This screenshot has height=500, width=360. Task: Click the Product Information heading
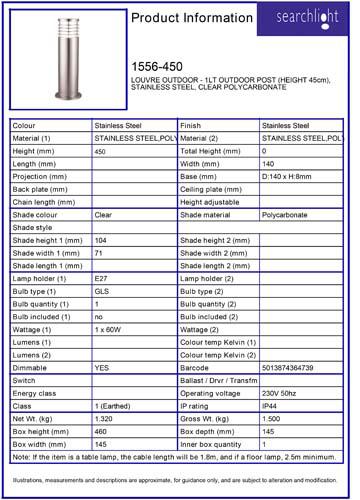point(184,21)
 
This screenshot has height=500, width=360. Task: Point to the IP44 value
point(270,407)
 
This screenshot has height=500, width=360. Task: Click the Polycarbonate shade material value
point(284,213)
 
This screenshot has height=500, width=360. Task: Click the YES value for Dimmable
point(101,368)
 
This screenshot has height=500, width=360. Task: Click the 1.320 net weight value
point(103,420)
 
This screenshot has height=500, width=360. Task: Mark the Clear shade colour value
point(102,213)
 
